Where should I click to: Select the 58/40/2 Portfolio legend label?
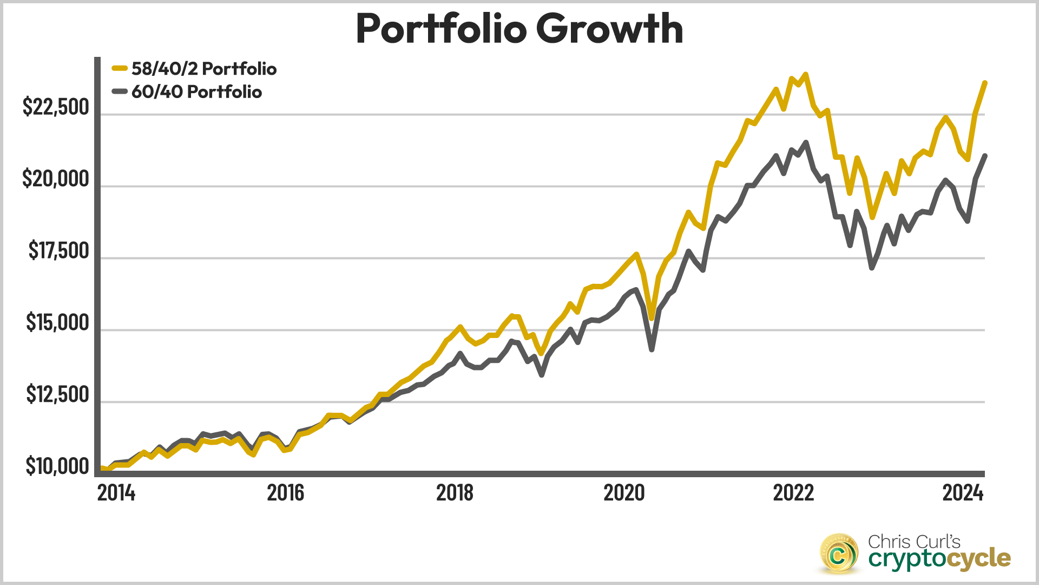click(x=204, y=69)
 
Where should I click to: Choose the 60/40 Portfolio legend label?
click(x=196, y=92)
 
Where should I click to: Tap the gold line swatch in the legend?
click(x=120, y=69)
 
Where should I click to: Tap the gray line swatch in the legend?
click(x=120, y=92)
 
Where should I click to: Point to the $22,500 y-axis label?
click(x=56, y=107)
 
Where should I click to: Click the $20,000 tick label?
click(x=56, y=179)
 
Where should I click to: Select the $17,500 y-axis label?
click(x=58, y=251)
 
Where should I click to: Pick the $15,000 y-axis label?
click(x=57, y=323)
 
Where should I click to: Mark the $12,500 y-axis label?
click(x=57, y=395)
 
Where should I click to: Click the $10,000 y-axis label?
click(x=57, y=466)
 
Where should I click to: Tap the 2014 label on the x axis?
click(x=116, y=493)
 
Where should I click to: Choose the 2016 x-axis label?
click(x=286, y=493)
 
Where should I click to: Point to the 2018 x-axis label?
click(x=455, y=493)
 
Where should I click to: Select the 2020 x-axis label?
click(x=624, y=493)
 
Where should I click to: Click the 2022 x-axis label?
click(x=793, y=493)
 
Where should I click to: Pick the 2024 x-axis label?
click(x=963, y=493)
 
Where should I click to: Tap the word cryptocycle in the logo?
click(x=939, y=558)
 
